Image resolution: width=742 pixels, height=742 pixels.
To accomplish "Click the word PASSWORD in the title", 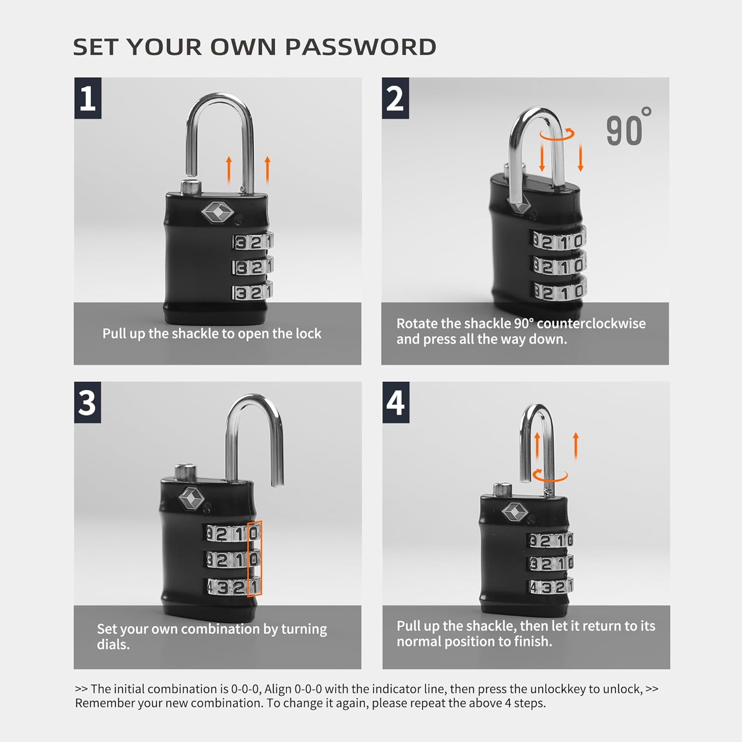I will pos(361,47).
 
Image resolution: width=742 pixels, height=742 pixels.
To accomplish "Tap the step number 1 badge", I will pos(88,98).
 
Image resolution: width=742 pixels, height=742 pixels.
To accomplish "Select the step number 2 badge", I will pos(395,98).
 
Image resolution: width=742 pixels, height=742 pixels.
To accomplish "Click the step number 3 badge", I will pos(88,402).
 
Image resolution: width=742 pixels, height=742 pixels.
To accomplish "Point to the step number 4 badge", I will pos(396,402).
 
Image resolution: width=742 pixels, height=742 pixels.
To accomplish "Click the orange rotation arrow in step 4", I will pos(550,476).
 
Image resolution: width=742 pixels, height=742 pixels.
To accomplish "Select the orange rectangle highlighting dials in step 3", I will pos(254,558).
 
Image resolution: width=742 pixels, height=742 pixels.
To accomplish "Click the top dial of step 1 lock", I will pos(253,242).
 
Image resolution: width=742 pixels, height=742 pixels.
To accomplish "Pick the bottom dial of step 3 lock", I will pos(233,587).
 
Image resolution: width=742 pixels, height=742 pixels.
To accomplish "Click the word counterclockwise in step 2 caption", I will pos(591,324).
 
